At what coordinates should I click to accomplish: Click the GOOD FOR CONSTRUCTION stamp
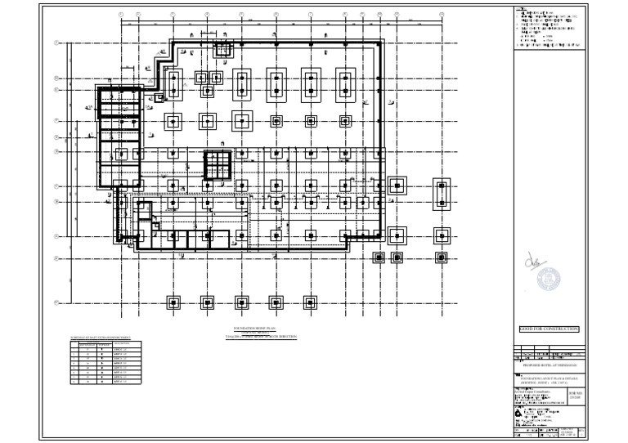point(549,329)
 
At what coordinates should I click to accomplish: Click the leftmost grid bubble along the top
point(121,14)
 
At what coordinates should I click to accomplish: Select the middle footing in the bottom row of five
point(243,302)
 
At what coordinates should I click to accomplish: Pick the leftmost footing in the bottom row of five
point(173,302)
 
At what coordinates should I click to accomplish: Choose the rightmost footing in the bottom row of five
point(312,302)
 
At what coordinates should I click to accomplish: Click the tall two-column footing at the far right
point(441,192)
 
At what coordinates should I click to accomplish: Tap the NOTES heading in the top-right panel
point(521,8)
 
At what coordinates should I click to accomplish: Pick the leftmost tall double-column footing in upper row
point(173,83)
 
